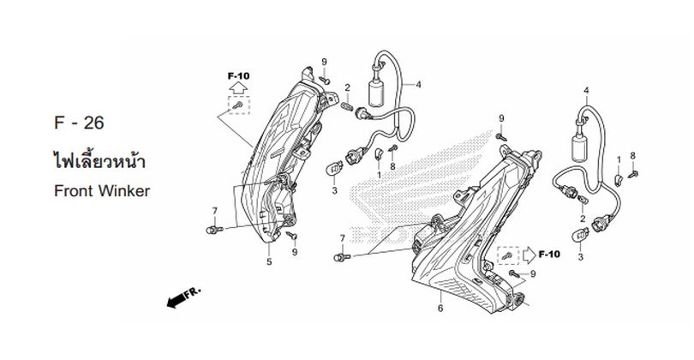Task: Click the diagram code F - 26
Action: [79, 123]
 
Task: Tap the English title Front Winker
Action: [102, 191]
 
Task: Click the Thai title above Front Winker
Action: [99, 159]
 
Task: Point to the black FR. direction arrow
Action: [183, 297]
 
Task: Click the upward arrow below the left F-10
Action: [238, 87]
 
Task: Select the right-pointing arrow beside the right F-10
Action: [529, 255]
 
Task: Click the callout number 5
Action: [269, 261]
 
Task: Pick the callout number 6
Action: [440, 309]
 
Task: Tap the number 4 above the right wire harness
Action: [586, 90]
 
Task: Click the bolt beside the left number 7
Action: [214, 230]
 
